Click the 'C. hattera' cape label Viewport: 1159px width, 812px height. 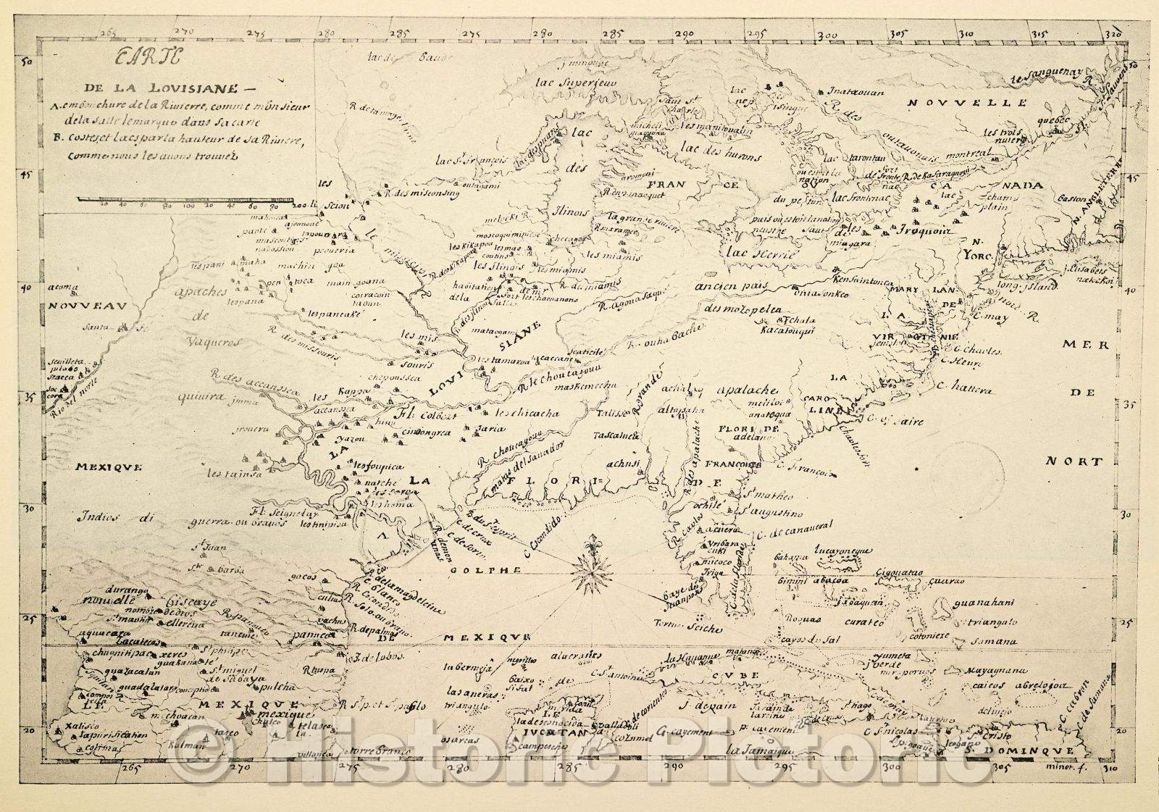point(967,390)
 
